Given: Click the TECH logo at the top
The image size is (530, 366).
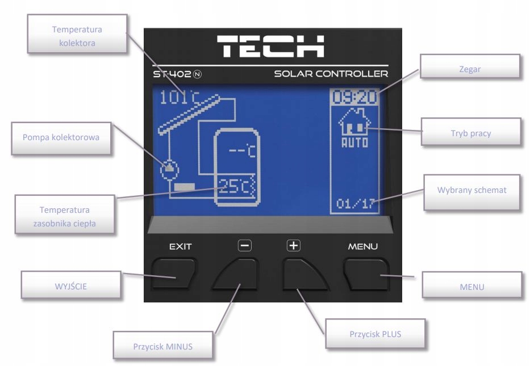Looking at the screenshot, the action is [272, 46].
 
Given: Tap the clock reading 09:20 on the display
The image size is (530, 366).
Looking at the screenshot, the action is [354, 96].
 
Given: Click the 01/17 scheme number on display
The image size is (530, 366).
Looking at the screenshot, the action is [355, 204].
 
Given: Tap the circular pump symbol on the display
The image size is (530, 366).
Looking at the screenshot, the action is [169, 168].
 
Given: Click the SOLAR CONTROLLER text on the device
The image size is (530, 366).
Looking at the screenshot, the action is [331, 74].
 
